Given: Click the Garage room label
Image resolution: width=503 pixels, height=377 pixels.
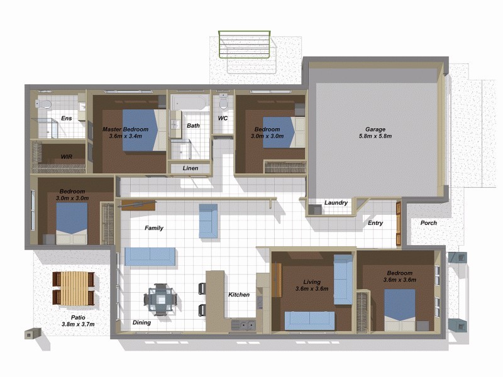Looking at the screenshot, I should (375, 129).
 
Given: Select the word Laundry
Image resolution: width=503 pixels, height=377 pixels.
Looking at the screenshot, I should (336, 203).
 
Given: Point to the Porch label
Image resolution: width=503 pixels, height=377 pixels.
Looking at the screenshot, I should (428, 223).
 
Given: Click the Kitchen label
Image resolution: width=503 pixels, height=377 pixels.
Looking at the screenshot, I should (239, 294).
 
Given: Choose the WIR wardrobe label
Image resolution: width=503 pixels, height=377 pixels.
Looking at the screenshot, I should (67, 156).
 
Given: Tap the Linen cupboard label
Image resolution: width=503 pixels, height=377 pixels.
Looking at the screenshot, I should (191, 168).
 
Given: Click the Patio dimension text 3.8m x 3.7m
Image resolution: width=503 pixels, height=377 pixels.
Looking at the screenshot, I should (78, 324).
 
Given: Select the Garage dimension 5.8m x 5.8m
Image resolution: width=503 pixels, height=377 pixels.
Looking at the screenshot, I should (375, 136).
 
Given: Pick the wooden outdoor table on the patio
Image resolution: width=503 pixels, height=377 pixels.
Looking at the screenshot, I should (74, 288).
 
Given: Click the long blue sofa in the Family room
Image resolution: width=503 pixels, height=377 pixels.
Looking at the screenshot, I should (150, 256).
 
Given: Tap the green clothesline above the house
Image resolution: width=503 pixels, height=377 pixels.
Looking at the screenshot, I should (245, 44).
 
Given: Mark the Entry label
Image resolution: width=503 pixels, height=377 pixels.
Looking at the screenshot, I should (375, 223).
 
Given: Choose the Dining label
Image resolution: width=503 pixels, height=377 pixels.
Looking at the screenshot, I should (141, 323).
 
